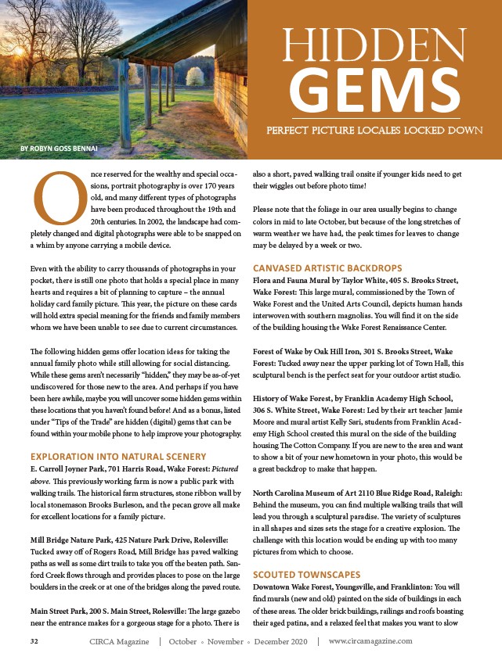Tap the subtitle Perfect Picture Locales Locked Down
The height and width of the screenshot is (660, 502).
(374, 130)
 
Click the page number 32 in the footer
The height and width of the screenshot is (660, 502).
(34, 640)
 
